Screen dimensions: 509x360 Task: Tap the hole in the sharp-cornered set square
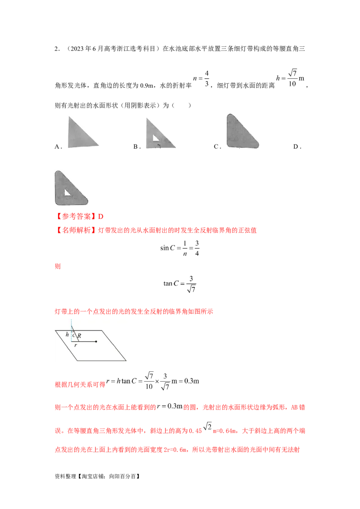[x=157, y=139]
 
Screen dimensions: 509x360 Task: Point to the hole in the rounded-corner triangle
[x=66, y=192]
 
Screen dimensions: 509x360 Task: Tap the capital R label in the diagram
[x=79, y=335]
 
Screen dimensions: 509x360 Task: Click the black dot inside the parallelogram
[x=96, y=342]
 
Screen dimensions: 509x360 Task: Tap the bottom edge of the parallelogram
[x=94, y=360]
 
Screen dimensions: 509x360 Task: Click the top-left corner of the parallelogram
[x=56, y=331]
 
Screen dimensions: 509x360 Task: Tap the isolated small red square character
[x=57, y=267]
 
